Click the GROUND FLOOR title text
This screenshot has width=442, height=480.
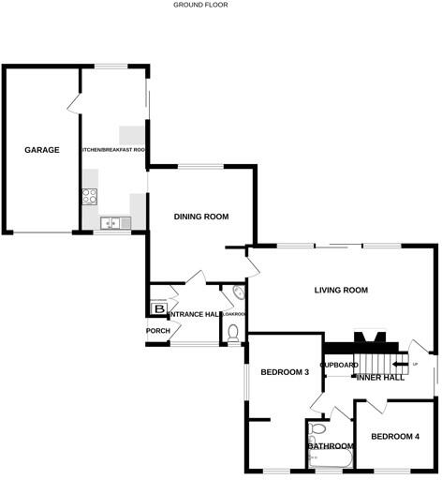200,5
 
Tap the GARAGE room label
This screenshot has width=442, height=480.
42,150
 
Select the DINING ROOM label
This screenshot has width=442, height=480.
201,217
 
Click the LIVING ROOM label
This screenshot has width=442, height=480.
341,291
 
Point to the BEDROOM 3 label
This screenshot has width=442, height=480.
285,372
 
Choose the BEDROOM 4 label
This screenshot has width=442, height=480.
394,436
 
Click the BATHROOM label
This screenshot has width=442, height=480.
331,446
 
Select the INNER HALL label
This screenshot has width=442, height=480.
380,377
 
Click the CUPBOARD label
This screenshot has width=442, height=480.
339,365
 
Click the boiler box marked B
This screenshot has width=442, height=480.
158,308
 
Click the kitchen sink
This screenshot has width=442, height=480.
111,223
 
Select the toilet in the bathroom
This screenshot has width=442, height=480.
317,430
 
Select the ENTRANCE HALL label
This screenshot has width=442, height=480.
193,314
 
